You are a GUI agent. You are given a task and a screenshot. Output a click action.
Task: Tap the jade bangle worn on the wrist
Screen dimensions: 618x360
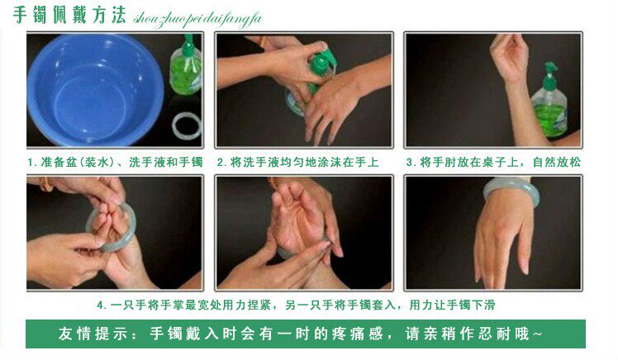click(511, 190)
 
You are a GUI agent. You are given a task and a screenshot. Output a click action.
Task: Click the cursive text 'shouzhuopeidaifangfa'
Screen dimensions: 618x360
click(197, 19)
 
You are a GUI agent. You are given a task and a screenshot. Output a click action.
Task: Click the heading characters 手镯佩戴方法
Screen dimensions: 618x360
click(69, 15)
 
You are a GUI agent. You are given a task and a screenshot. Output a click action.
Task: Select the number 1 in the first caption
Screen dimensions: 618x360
click(31, 163)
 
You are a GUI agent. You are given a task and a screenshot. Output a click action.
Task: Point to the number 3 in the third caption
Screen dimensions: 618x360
click(410, 163)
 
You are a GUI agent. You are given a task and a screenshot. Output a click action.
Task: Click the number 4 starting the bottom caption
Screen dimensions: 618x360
click(101, 305)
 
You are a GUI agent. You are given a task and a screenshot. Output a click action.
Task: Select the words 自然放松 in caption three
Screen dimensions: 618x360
click(557, 163)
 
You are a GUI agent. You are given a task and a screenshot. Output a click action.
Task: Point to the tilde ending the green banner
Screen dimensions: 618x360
click(537, 334)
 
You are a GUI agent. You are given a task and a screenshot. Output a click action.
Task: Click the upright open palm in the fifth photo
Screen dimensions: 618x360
click(297, 219)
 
